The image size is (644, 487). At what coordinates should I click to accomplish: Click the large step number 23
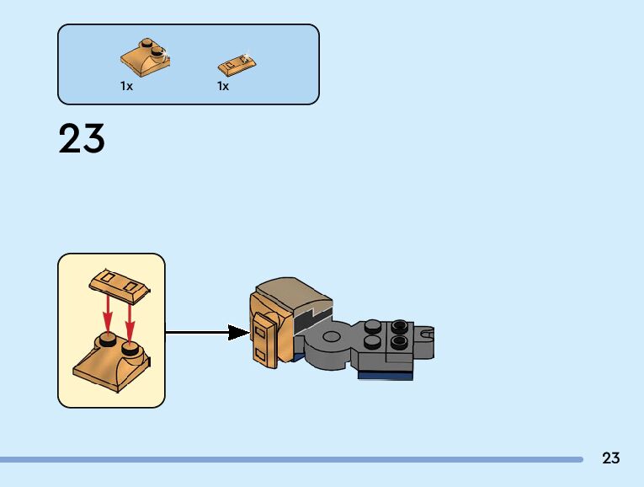click(x=82, y=139)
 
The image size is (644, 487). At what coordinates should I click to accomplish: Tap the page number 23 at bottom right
click(x=611, y=458)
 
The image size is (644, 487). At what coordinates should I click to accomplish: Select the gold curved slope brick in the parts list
click(x=146, y=58)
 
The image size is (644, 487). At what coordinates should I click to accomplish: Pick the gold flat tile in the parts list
click(x=237, y=62)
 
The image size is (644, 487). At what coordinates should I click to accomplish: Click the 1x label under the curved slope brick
click(x=126, y=86)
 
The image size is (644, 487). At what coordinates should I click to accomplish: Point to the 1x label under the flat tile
click(x=223, y=86)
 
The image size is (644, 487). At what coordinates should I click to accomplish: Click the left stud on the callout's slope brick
click(x=107, y=340)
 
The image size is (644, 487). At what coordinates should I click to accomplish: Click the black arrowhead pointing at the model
click(x=239, y=333)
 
